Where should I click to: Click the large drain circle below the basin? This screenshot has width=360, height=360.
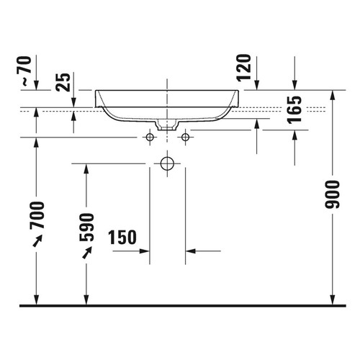167,163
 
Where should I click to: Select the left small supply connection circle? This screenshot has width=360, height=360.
150,136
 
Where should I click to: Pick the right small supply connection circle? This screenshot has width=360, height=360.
185,136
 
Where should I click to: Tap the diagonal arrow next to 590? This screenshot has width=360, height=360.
87,253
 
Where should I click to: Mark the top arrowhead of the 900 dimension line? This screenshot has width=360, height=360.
333,95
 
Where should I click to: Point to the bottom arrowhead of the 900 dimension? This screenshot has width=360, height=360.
333,300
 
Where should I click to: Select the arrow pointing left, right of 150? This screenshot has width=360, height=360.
191,251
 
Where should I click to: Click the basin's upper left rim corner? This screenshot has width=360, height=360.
96,91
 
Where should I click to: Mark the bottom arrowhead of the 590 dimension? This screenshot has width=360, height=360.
86,300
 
